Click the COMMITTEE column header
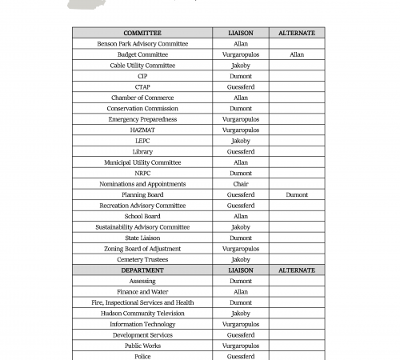[142, 33]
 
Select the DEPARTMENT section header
[142, 270]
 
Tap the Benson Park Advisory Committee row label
[142, 44]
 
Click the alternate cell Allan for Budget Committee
[297, 54]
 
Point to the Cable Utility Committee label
[142, 66]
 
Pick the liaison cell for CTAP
[241, 87]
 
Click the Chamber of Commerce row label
[142, 98]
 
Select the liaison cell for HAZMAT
[241, 130]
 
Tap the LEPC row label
[142, 141]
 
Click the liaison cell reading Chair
[241, 184]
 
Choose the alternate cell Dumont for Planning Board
[297, 194]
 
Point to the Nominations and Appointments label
[142, 184]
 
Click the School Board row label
[142, 216]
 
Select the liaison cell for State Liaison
[241, 238]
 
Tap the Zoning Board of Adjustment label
[142, 249]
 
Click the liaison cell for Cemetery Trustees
[241, 259]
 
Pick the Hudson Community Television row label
[142, 314]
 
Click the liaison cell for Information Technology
[241, 324]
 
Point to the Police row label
[142, 356]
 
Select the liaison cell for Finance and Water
[241, 292]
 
